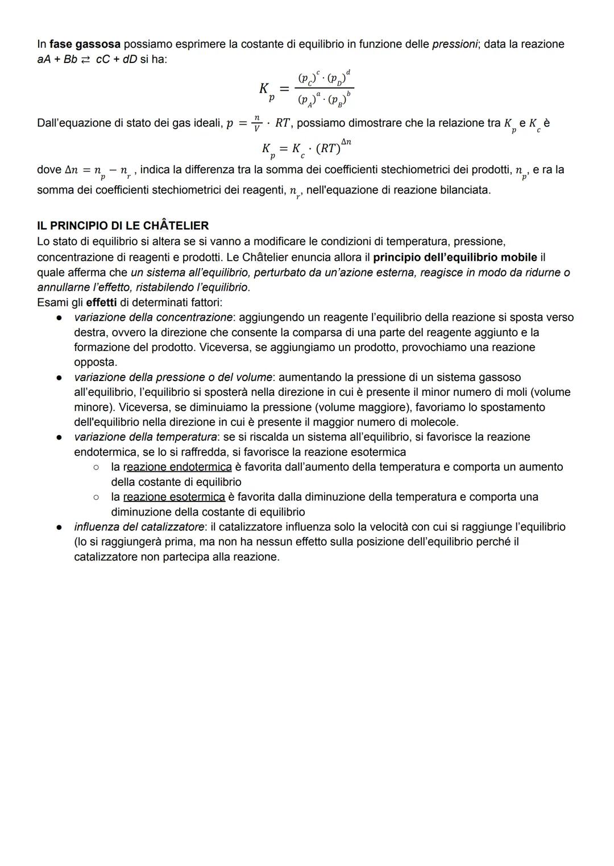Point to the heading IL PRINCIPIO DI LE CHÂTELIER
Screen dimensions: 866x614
(x=122, y=226)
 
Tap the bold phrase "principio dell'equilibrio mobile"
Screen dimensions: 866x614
(x=455, y=257)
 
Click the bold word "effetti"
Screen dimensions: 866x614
(x=102, y=303)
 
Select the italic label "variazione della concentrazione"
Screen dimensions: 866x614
(x=153, y=317)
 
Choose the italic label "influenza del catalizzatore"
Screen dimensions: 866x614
(x=139, y=527)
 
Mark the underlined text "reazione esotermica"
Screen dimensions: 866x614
(x=174, y=497)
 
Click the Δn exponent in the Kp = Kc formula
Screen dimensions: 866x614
(x=346, y=143)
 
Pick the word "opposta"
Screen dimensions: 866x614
(x=95, y=362)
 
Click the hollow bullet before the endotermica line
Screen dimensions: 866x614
(x=97, y=467)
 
